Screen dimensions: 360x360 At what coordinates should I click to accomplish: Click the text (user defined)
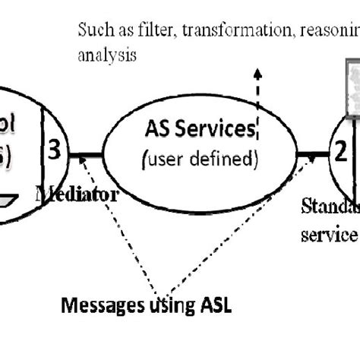tap(199, 160)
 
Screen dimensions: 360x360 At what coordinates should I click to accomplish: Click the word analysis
tap(106, 56)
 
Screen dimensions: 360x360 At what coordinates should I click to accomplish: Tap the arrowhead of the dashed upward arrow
tap(257, 73)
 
